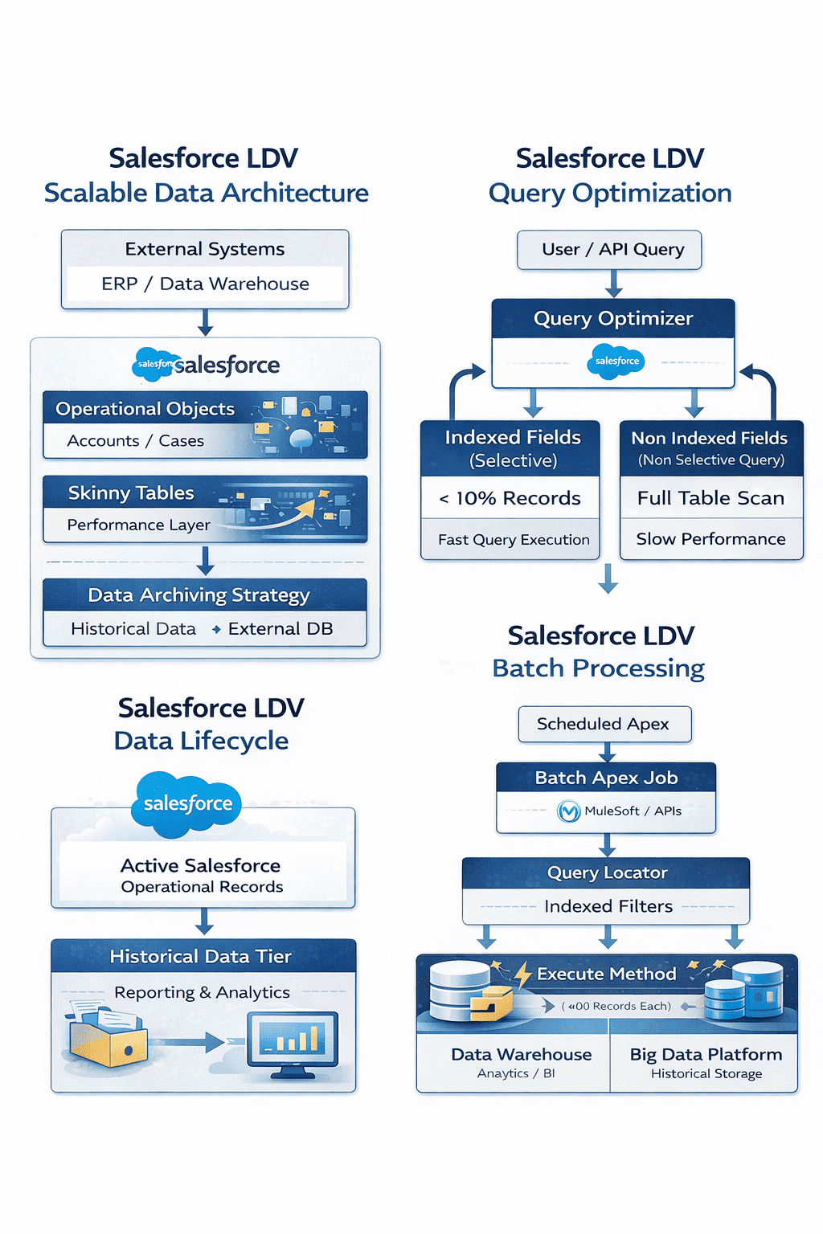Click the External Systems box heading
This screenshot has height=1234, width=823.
coord(205,249)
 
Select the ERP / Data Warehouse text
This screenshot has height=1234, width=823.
coord(205,284)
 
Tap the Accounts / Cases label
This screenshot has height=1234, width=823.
coord(135,441)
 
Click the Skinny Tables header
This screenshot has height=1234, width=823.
coord(131,492)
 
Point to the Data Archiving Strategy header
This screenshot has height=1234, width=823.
coord(199,595)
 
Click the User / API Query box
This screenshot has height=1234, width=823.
coord(612,250)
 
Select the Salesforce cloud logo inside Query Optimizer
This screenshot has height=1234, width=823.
coord(616,362)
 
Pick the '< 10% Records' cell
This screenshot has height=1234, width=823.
coord(510,498)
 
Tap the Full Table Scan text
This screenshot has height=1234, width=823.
coord(710,498)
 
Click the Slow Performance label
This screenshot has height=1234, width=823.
coord(710,539)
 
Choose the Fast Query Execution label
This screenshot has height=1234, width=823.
coord(514,540)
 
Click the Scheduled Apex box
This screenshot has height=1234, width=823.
coord(603,724)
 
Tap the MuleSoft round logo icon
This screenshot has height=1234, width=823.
coord(569,811)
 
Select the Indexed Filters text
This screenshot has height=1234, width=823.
coord(608,906)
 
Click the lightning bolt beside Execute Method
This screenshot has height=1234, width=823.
coord(523,974)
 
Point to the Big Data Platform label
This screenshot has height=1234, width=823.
coord(706,1054)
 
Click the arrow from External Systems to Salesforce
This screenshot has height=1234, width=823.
coord(205,322)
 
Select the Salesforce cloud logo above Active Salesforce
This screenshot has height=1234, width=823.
coord(187,803)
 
